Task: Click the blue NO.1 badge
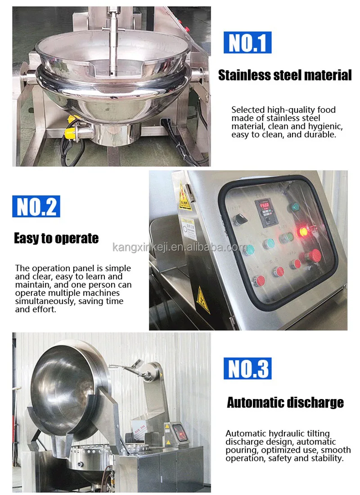pos(247,43)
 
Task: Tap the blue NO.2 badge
pos(36,207)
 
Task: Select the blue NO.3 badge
pos(247,368)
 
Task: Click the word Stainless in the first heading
pos(243,75)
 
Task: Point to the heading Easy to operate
pos(56,238)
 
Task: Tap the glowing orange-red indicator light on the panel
pos(303,232)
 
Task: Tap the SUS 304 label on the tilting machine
pos(140,435)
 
